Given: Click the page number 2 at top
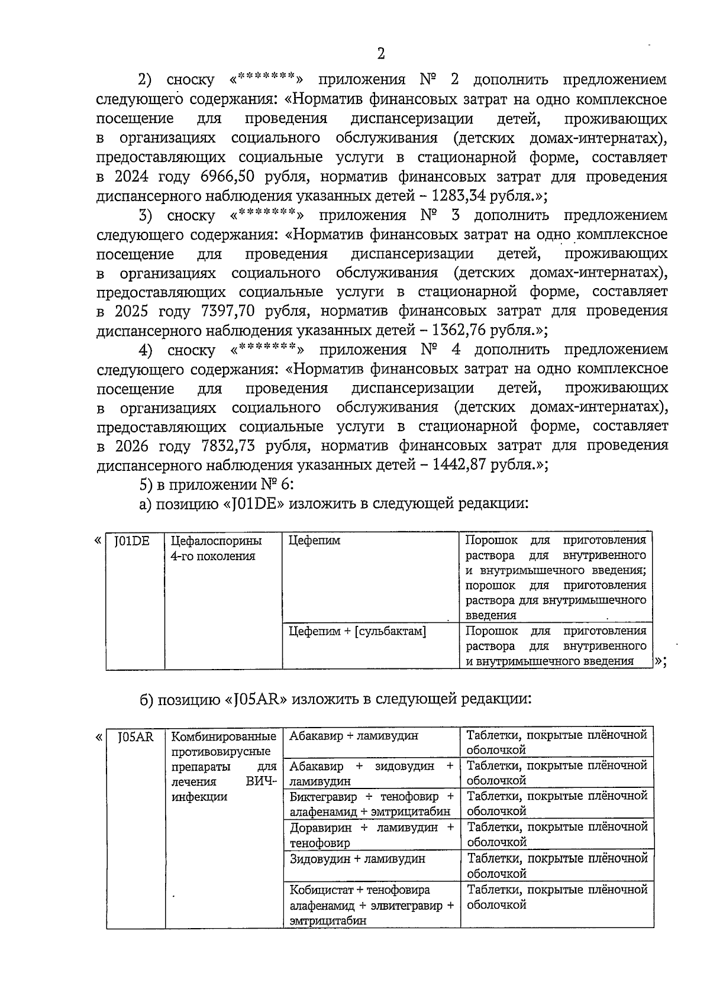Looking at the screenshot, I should pyautogui.click(x=380, y=54).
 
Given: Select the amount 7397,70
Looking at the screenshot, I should pyautogui.click(x=227, y=311).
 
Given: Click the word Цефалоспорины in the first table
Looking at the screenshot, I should pyautogui.click(x=216, y=541).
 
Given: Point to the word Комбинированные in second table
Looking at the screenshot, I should pyautogui.click(x=224, y=736).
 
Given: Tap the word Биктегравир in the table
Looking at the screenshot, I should pyautogui.click(x=323, y=796).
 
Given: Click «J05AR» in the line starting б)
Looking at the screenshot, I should pyautogui.click(x=256, y=699).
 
